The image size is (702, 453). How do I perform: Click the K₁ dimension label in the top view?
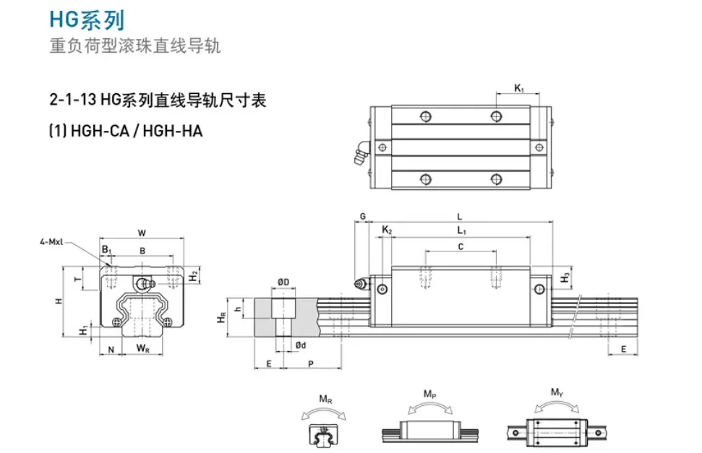click(x=518, y=88)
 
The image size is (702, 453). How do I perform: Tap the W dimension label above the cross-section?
click(x=142, y=233)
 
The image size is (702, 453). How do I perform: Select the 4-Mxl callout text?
click(x=53, y=243)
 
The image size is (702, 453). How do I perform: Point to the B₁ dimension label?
click(x=106, y=250)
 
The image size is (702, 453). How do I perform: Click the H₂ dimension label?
click(x=193, y=276)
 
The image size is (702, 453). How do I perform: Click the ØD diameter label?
click(x=283, y=282)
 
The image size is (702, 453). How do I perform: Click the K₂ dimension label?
click(x=387, y=230)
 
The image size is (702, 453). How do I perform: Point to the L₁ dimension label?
click(x=461, y=230)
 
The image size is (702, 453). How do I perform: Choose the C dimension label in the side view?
click(x=461, y=246)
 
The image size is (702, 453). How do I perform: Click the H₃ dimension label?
click(x=566, y=277)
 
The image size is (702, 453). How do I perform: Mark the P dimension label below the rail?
click(x=311, y=363)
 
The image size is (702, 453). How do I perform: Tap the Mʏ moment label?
click(x=556, y=393)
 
